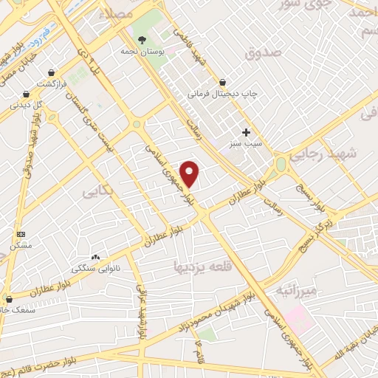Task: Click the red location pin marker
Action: coord(190,173)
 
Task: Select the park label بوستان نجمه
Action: coord(138,52)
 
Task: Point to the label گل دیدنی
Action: coord(27,105)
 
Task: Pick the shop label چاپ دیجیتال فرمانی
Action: coord(221,94)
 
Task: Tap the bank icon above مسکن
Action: coord(19,233)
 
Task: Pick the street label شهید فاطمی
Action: coord(188,47)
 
